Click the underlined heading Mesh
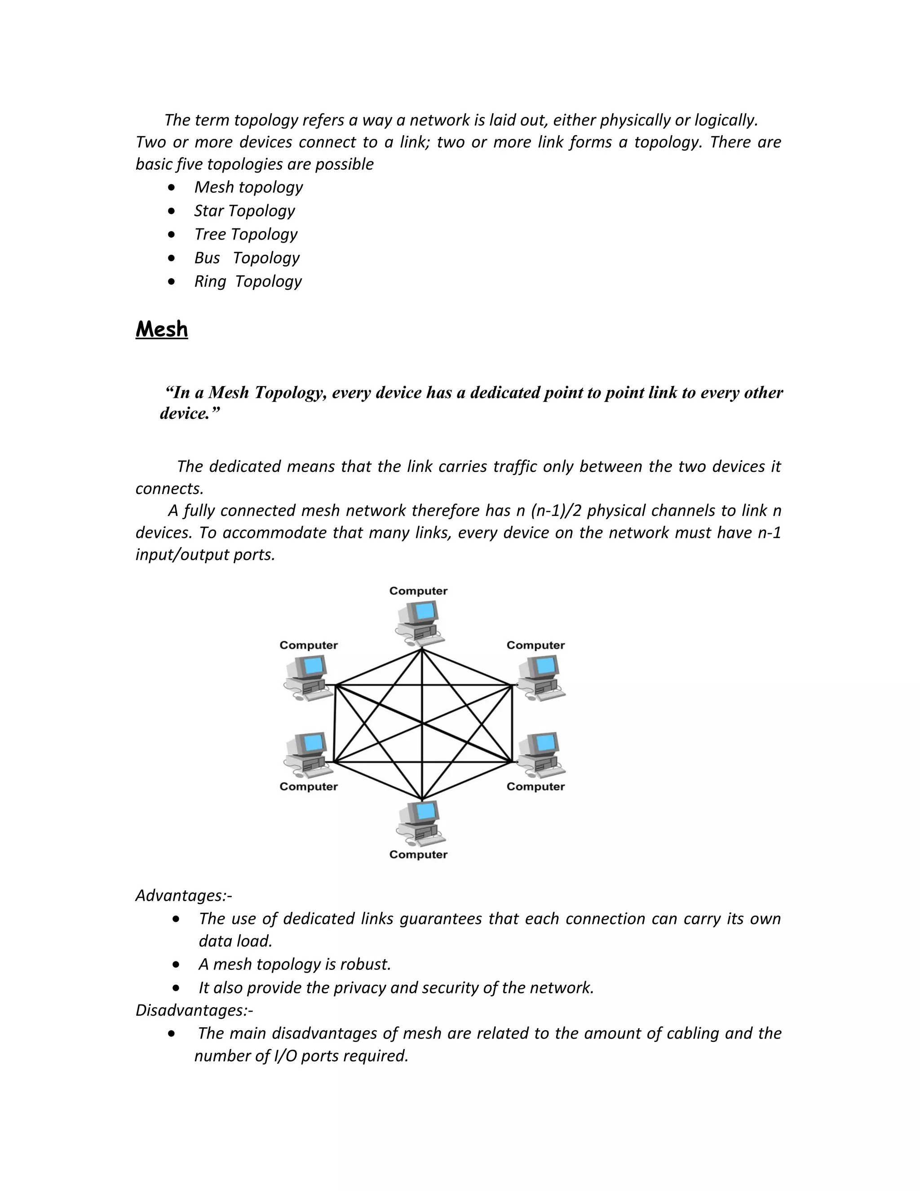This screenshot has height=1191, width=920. coord(161,329)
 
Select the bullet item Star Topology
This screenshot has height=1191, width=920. coord(244,210)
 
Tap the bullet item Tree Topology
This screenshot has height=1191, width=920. coord(246,234)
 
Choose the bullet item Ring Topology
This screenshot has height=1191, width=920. coord(248,281)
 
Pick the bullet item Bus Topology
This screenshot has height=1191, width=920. coord(247,258)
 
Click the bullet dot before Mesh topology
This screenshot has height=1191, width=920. coord(172,187)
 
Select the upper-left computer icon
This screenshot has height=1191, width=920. coord(308,677)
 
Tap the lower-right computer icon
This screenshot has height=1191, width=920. coord(540,755)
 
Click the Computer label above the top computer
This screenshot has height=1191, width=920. coord(418,591)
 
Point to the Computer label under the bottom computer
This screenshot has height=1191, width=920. coord(418,854)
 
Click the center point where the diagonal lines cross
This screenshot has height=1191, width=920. coord(422,724)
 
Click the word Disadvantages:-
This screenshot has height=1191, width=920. coord(194,1010)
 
